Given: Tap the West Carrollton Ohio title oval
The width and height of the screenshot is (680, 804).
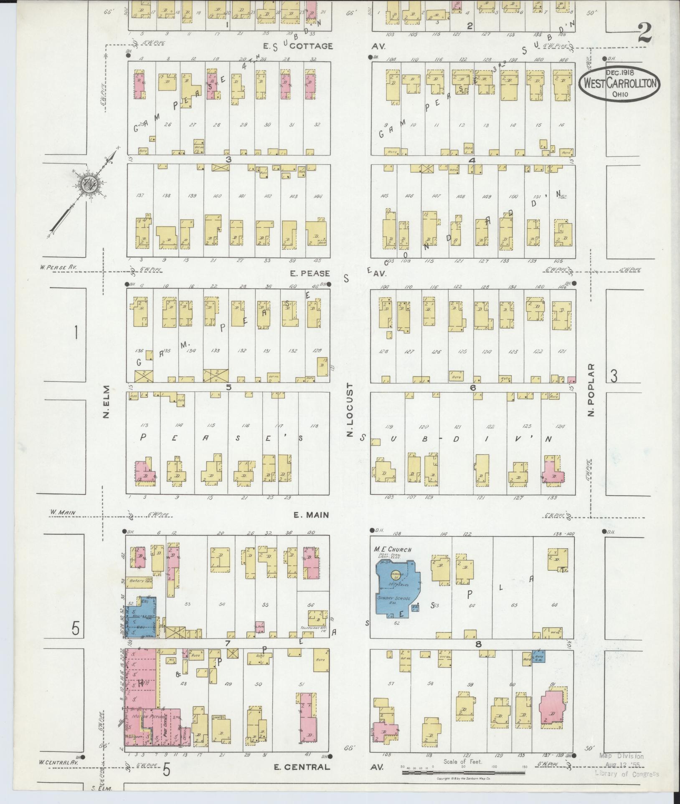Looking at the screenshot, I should (x=619, y=83).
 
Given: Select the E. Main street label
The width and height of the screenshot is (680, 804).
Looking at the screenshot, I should (x=311, y=515).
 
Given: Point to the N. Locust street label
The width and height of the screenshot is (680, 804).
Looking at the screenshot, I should (x=350, y=410).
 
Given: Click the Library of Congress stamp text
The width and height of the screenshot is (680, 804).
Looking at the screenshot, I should (x=627, y=774).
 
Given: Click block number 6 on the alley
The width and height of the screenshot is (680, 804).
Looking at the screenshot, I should (x=473, y=388).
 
